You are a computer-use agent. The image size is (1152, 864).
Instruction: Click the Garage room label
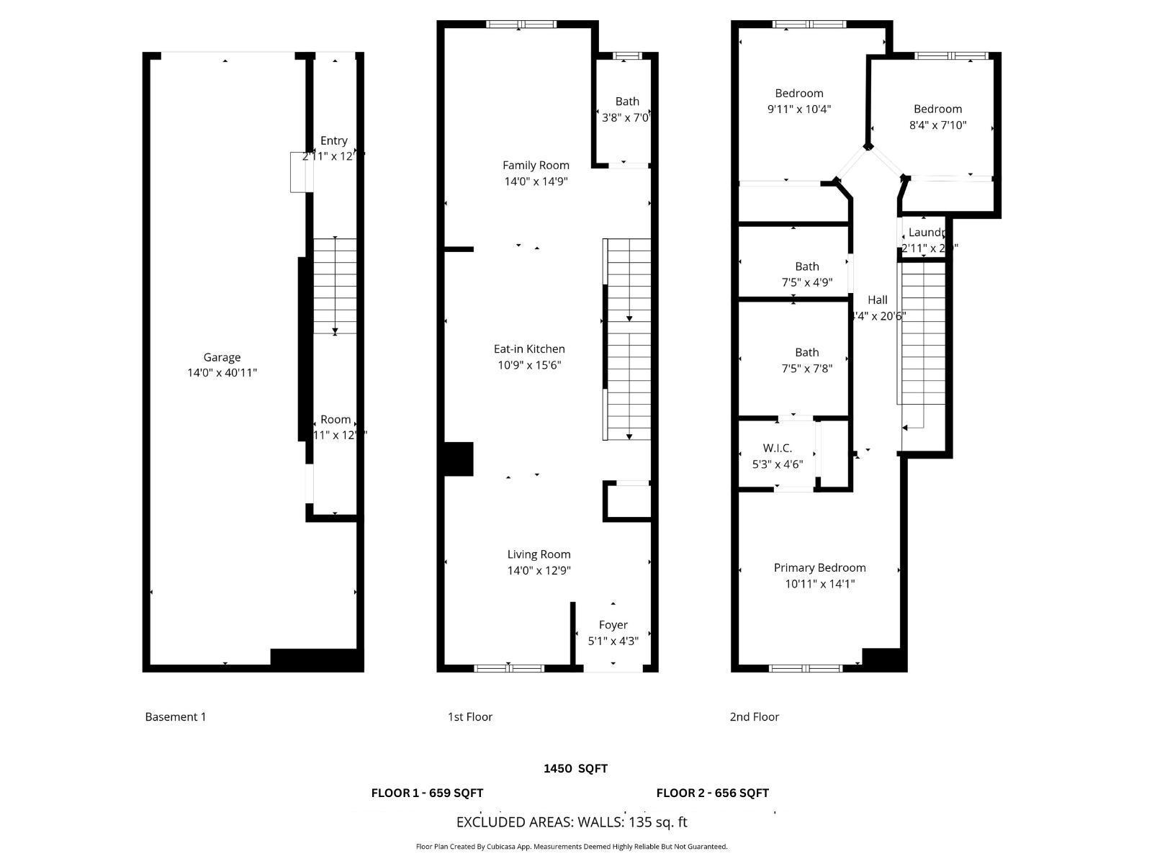click(222, 357)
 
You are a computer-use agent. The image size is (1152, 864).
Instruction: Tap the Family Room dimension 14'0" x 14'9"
click(536, 181)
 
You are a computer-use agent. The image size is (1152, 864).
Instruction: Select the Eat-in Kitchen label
click(529, 349)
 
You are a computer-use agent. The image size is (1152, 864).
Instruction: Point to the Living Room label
click(539, 554)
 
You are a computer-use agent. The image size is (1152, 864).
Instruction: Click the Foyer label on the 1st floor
click(613, 625)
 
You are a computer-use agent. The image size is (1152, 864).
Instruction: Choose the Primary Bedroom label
click(819, 568)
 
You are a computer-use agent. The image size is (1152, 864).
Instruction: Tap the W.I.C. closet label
click(777, 449)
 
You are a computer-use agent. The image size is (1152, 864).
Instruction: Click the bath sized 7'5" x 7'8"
click(806, 360)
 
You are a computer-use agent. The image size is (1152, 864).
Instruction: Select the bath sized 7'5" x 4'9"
click(806, 274)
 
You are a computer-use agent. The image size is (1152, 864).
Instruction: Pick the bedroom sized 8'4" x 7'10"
click(937, 117)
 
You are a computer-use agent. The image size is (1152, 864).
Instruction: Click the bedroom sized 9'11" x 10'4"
click(799, 101)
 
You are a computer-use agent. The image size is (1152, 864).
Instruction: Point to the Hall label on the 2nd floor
click(877, 300)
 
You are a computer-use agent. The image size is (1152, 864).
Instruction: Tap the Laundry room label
click(926, 233)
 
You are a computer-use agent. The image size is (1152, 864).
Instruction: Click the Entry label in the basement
click(333, 141)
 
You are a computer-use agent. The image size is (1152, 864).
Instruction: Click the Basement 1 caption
click(176, 717)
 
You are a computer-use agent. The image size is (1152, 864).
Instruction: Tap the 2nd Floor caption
click(754, 717)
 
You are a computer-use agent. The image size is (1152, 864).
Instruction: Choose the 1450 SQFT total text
click(575, 769)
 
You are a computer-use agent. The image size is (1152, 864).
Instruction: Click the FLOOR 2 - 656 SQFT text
click(712, 793)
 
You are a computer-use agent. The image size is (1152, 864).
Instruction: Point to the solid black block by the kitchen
click(458, 459)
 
